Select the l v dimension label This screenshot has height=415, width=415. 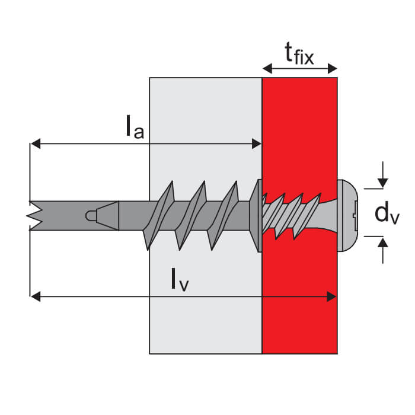point(180,279)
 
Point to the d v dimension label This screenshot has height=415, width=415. point(387,213)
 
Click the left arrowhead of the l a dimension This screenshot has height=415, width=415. point(35,143)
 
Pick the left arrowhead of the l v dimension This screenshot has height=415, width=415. point(35,296)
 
